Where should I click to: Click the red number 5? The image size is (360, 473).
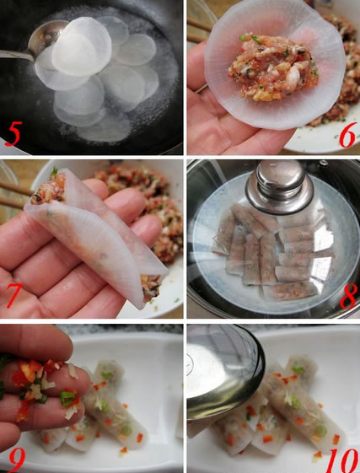coord(13,133)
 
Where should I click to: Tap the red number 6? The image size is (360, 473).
coord(348,137)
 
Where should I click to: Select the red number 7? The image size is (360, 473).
coord(14,295)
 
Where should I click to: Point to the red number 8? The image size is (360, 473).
coord(348,296)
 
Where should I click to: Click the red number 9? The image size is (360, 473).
coord(18,460)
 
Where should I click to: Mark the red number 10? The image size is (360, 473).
coord(341,460)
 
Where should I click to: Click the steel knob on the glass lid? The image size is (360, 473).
coord(279,186)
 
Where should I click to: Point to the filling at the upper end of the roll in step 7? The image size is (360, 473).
coord(49,188)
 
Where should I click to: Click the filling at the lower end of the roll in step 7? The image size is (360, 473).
coord(151,287)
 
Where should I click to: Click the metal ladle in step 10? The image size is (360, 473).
coord(225,371)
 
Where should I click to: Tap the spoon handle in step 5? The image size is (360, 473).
coord(16,55)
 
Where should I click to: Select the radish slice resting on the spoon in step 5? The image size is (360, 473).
coord(82,46)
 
